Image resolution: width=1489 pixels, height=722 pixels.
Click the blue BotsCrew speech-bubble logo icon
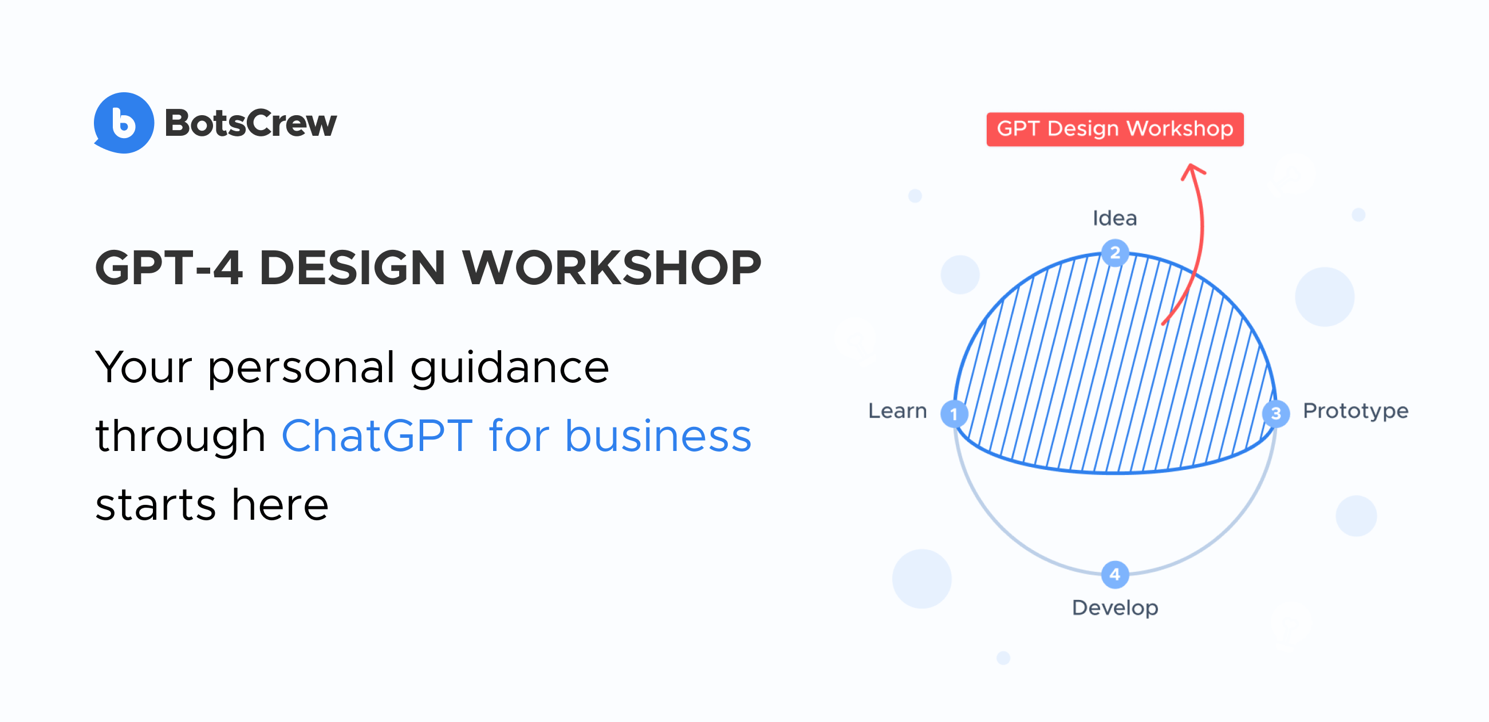(x=124, y=123)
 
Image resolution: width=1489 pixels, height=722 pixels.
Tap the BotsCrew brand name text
(x=250, y=123)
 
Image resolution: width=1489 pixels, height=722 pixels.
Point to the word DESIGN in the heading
(x=352, y=268)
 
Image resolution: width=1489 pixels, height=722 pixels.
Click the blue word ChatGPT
(x=377, y=435)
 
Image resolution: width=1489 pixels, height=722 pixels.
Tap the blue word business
(x=658, y=435)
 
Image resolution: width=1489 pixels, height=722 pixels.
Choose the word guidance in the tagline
(x=509, y=368)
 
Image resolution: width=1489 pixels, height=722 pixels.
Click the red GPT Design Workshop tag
(x=1114, y=129)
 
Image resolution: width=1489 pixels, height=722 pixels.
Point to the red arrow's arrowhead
(x=1192, y=171)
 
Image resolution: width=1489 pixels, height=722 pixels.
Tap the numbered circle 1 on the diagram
(x=954, y=414)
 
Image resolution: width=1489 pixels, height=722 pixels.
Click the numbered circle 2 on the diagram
(x=1114, y=253)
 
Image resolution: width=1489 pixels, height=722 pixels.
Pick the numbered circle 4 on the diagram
(x=1114, y=575)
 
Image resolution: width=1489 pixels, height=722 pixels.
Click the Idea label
(x=1114, y=218)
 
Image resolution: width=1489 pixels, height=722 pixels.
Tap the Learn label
(x=897, y=411)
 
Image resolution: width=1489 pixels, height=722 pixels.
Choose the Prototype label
(x=1355, y=411)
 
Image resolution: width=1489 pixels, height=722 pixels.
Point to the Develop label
(x=1114, y=608)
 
